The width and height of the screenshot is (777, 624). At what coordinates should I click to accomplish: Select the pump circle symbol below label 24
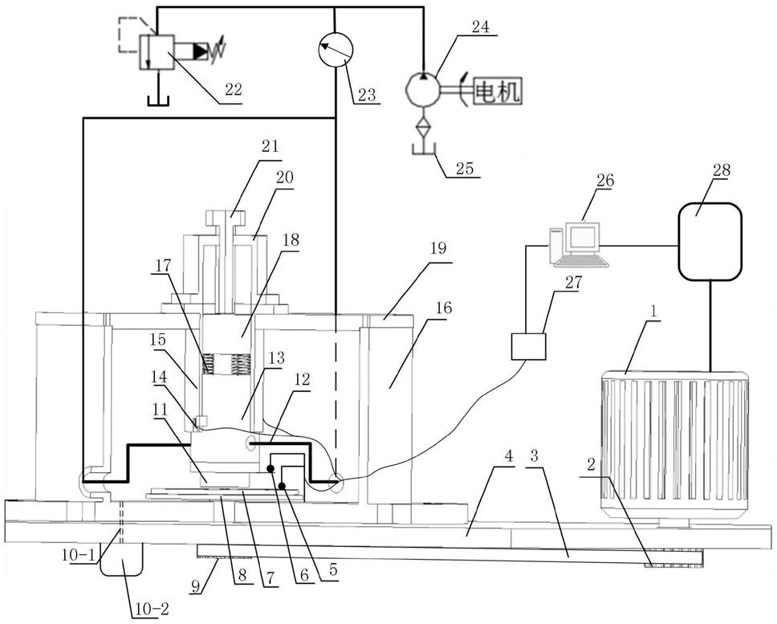423,89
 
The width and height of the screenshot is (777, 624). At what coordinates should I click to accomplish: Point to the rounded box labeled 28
710,242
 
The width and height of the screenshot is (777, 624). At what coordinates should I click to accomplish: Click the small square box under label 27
529,346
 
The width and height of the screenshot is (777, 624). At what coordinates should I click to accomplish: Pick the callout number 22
233,89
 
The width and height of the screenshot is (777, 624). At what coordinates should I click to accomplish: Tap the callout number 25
464,169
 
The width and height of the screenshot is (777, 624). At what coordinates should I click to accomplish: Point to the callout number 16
444,308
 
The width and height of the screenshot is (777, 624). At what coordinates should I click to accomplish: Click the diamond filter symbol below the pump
423,128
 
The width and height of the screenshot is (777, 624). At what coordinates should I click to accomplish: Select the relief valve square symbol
156,52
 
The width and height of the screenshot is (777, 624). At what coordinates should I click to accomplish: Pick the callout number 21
271,147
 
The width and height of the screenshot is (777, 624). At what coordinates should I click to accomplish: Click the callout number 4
509,456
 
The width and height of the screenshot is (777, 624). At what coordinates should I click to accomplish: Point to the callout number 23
367,94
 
